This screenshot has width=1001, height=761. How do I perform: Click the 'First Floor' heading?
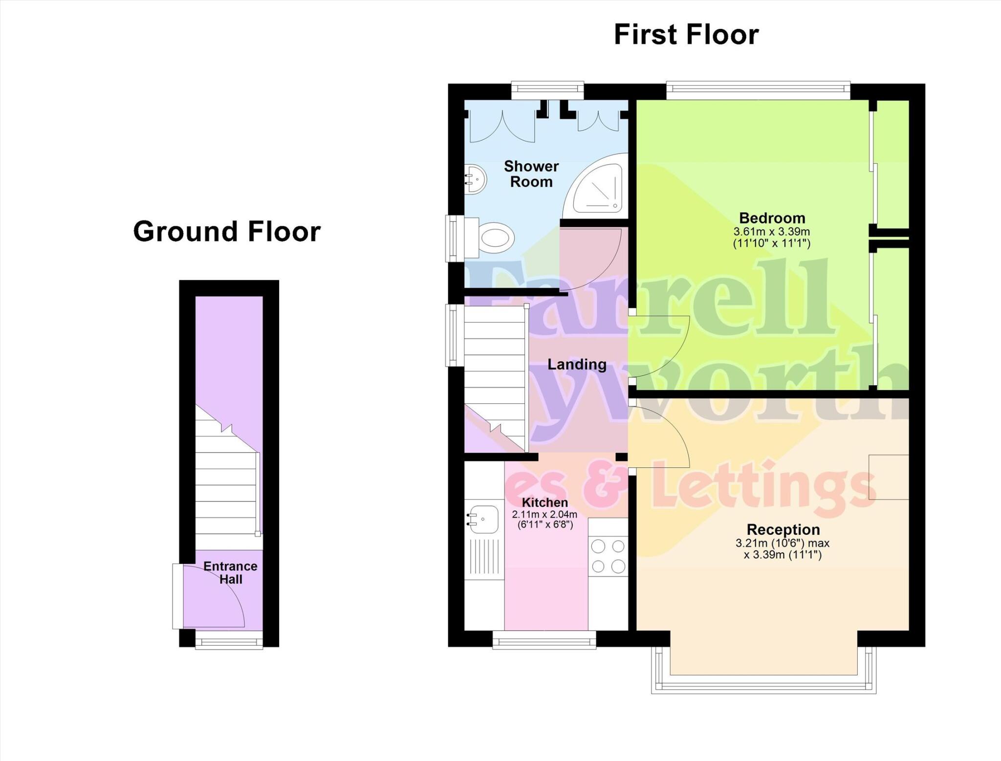pos(686,35)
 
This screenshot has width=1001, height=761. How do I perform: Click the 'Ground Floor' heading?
pos(227,231)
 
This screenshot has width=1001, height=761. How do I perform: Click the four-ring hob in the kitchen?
pos(608,555)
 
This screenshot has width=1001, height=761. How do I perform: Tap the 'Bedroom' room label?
pos(772,218)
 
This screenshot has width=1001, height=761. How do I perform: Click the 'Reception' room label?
pos(783,529)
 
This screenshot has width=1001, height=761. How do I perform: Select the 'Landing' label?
pos(577,364)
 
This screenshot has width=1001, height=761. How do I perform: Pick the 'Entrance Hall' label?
pos(230,573)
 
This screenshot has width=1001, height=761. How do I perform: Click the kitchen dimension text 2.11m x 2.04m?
pos(544,514)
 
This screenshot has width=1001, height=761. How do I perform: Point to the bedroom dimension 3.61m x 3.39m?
pos(772,232)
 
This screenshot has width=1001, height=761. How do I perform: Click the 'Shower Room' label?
pos(531,174)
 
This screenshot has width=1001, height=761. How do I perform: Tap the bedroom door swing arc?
pos(665,347)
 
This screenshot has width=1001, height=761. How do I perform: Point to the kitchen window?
pos(544,639)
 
